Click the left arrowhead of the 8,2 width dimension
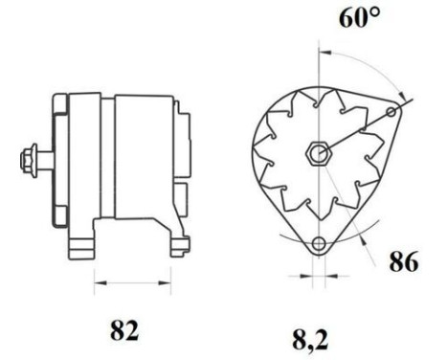305,279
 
